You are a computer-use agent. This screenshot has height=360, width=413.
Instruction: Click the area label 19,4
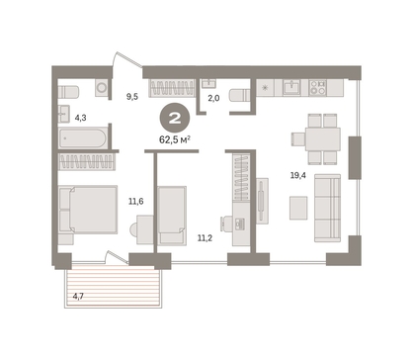click(x=297, y=175)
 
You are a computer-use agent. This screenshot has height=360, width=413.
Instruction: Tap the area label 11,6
click(x=135, y=201)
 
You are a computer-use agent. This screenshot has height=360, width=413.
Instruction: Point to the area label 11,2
click(x=205, y=237)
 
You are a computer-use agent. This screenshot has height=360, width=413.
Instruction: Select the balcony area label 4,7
click(x=78, y=297)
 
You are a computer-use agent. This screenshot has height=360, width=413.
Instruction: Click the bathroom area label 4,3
click(x=80, y=118)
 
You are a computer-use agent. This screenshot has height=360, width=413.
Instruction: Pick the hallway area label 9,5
click(x=132, y=97)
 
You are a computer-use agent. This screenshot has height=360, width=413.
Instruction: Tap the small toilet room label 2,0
click(x=213, y=98)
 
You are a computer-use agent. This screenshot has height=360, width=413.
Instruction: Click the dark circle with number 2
click(x=175, y=119)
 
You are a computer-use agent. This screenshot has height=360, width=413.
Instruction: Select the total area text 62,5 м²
click(x=175, y=139)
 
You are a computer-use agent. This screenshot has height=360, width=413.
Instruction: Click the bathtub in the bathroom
click(x=83, y=138)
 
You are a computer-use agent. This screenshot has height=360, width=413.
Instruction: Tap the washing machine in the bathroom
click(x=102, y=87)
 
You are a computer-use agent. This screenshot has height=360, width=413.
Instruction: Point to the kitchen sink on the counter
click(x=291, y=87)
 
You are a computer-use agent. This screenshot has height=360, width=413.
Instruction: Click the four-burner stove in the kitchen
click(x=318, y=87)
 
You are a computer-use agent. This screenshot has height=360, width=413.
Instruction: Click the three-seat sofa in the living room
click(x=327, y=208)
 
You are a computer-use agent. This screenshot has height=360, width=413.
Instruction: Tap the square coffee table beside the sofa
click(x=298, y=208)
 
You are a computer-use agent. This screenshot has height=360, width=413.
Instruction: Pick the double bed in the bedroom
click(x=88, y=210)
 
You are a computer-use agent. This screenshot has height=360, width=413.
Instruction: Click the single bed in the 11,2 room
click(x=172, y=216)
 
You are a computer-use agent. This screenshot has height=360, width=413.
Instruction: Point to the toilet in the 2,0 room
click(x=239, y=95)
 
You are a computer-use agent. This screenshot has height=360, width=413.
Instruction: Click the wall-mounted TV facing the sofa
click(x=261, y=201)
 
